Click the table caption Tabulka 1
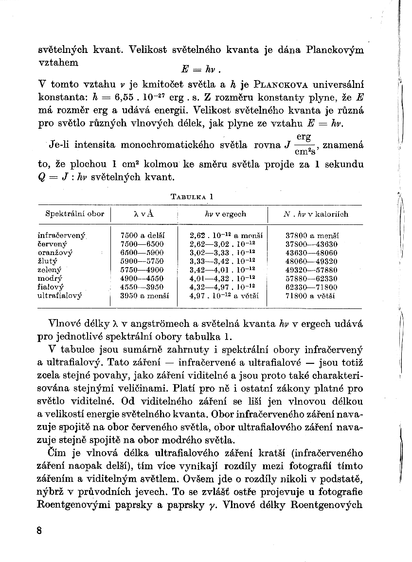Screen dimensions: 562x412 tap(192, 197)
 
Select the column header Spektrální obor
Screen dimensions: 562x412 tap(74, 214)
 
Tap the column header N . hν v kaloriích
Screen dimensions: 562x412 tap(316, 214)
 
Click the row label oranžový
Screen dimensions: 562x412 tap(55, 253)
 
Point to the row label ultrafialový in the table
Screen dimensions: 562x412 tap(60, 295)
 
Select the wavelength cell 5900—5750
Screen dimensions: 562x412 tap(142, 261)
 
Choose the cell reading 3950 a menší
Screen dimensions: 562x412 tap(144, 295)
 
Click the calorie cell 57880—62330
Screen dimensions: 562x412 tap(311, 278)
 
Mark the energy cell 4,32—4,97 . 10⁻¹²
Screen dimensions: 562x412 tap(223, 287)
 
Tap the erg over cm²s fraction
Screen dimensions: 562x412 tap(304, 144)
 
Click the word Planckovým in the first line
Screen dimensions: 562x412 tap(337, 50)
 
